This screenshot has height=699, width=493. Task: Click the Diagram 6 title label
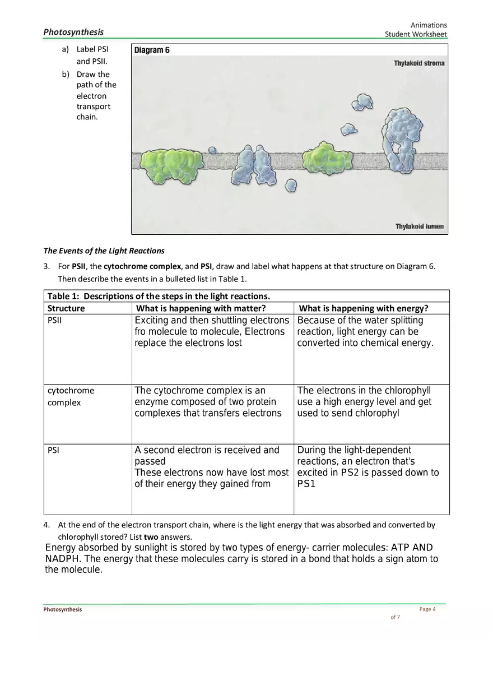pyautogui.click(x=152, y=50)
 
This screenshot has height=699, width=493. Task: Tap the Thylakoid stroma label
pyautogui.click(x=418, y=63)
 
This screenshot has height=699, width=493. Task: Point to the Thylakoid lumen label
pyautogui.click(x=419, y=226)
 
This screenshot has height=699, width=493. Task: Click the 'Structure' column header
pyautogui.click(x=66, y=308)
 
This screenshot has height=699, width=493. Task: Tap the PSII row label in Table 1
pyautogui.click(x=54, y=321)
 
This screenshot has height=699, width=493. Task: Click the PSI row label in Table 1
pyautogui.click(x=53, y=450)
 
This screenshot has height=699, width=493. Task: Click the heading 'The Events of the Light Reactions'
pyautogui.click(x=104, y=251)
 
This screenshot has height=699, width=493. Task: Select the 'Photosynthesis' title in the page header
pyautogui.click(x=73, y=32)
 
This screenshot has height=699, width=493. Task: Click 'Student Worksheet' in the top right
pyautogui.click(x=415, y=35)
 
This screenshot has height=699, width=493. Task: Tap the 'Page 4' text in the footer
pyautogui.click(x=427, y=609)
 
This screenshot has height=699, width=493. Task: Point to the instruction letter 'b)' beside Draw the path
pyautogui.click(x=66, y=74)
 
